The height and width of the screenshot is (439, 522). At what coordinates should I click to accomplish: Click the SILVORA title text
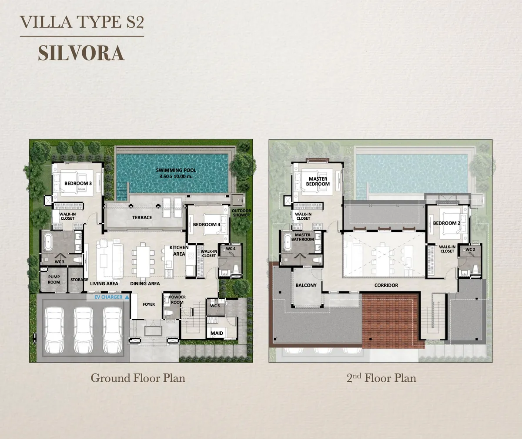point(81,53)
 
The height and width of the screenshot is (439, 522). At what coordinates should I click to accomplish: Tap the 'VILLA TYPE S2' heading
point(82,22)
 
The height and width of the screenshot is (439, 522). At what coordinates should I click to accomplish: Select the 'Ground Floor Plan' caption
point(138,378)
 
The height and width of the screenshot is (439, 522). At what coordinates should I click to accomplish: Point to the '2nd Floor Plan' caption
point(381,378)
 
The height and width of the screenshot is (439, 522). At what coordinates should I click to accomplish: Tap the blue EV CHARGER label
point(111,297)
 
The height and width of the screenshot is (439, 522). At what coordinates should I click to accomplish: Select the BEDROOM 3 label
point(78,184)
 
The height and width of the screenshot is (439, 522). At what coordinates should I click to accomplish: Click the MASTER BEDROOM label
point(318,182)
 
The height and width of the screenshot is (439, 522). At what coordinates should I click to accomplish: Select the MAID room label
point(217,333)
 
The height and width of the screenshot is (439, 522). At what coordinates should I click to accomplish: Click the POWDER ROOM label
point(177,300)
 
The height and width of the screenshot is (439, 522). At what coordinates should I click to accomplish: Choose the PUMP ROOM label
point(54,279)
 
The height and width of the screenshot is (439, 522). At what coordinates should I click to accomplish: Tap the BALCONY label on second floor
point(306,285)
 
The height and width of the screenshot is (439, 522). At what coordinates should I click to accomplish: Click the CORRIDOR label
point(386,285)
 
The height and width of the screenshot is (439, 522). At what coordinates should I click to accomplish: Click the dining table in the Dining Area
point(142,260)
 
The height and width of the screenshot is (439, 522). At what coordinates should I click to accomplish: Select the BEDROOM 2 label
point(447,223)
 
